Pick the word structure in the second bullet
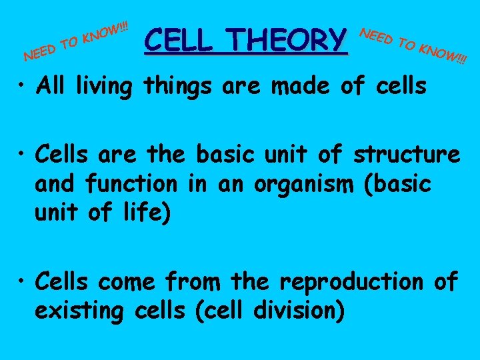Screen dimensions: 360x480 pos(407,155)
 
